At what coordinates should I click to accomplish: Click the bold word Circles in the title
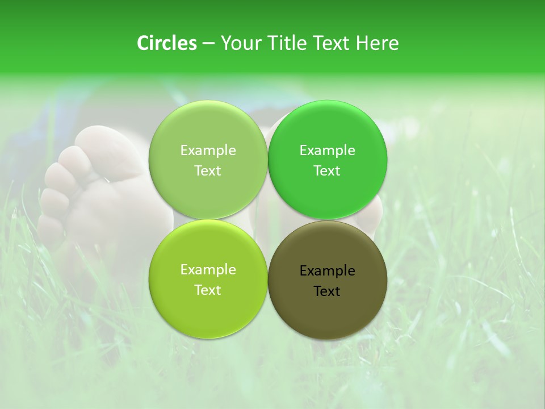tap(167, 43)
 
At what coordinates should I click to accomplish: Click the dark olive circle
tap(328, 279)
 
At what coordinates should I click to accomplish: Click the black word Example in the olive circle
tap(327, 271)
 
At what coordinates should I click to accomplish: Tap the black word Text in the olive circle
tap(327, 291)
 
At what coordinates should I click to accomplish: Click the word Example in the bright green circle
tap(327, 151)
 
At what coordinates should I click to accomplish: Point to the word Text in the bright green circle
tap(327, 170)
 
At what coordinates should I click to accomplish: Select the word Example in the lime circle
tap(208, 270)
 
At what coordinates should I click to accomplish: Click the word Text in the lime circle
tap(208, 290)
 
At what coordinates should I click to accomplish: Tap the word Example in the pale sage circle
tap(208, 151)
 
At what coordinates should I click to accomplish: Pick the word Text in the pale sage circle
tap(208, 170)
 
